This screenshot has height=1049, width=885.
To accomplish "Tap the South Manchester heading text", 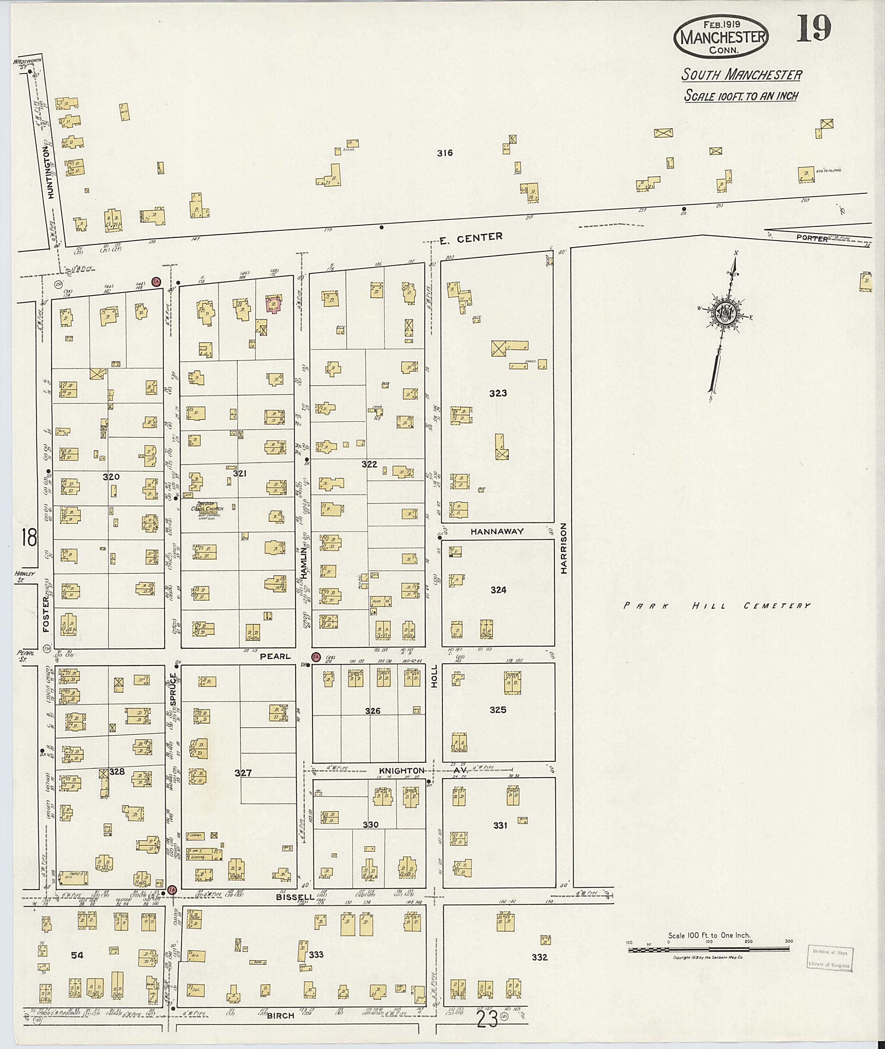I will (741, 75).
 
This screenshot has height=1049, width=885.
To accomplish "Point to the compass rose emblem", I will (726, 312).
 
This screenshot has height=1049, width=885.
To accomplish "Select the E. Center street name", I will (471, 238).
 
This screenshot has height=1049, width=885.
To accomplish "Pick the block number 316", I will (445, 153).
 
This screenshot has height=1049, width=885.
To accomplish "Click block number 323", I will (498, 393).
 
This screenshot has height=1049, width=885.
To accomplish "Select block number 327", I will (243, 773).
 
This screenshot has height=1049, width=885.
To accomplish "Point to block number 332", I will (539, 957).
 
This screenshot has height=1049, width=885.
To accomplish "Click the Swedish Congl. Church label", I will (203, 508).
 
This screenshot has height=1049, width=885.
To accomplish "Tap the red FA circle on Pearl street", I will (315, 657).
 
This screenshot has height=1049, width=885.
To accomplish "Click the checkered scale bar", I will (710, 950).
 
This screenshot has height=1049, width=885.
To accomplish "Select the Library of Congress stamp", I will (830, 959).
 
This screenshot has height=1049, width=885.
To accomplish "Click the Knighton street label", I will (401, 771).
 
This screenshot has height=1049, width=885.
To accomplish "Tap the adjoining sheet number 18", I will (29, 539).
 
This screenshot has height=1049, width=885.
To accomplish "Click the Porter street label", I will (811, 239).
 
